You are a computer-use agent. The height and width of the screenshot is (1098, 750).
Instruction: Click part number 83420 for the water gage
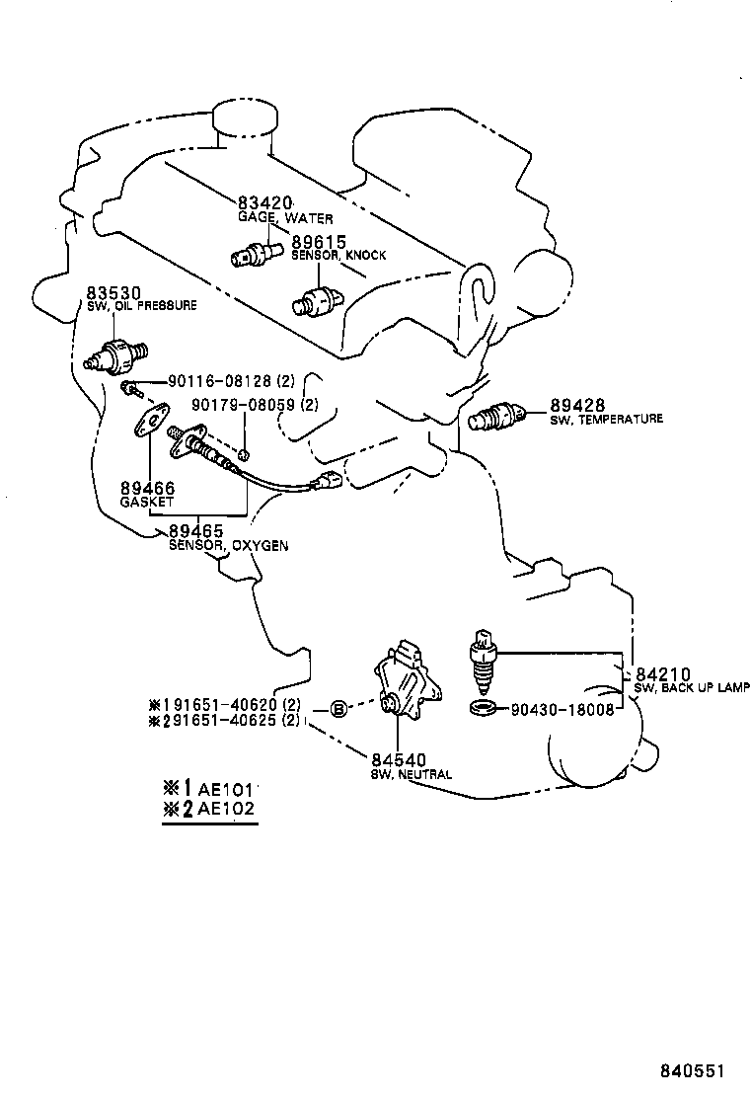pos(265,203)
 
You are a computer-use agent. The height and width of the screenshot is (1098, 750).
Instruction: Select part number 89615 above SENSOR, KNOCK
pos(318,241)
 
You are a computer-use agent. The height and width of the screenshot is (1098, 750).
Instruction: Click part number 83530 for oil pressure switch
pos(113,293)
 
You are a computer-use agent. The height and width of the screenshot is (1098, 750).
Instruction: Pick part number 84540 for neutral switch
pos(398,759)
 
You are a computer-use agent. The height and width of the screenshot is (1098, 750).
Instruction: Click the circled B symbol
pos(337,709)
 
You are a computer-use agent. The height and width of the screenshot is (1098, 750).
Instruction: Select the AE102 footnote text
pos(227,807)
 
